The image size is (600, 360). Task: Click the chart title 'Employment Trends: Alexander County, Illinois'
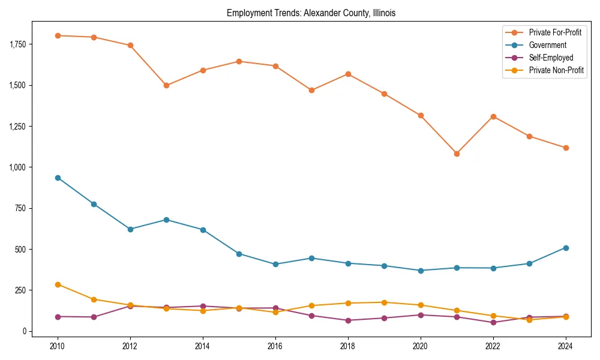point(311,13)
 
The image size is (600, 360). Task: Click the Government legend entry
point(547,45)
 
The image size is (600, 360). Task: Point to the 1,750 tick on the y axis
point(18,44)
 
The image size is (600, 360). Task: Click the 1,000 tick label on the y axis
point(18,167)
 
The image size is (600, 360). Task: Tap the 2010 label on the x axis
point(58,346)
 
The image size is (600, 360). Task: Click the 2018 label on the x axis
point(348,346)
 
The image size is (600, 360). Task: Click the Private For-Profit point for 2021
point(457,154)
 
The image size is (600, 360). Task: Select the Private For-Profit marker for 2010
point(58,35)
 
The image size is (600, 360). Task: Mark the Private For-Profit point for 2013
point(166,85)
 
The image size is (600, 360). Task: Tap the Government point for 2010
point(58,178)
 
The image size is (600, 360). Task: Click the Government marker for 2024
point(566,248)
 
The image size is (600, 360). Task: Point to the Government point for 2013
point(166,220)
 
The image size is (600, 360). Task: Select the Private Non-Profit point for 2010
point(58,284)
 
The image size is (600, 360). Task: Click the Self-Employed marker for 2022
point(493,322)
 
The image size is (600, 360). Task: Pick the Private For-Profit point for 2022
point(493,116)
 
